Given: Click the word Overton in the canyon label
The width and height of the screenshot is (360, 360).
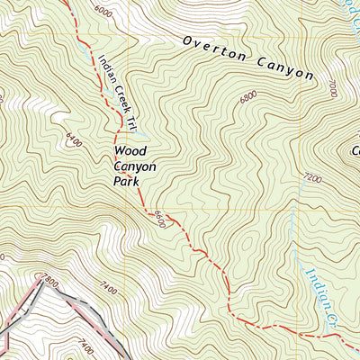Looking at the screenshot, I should pos(213,50).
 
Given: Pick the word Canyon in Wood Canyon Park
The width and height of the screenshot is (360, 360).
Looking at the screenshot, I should pos(135,166).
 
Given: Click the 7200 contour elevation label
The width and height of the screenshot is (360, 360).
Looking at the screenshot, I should pos(312,179).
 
